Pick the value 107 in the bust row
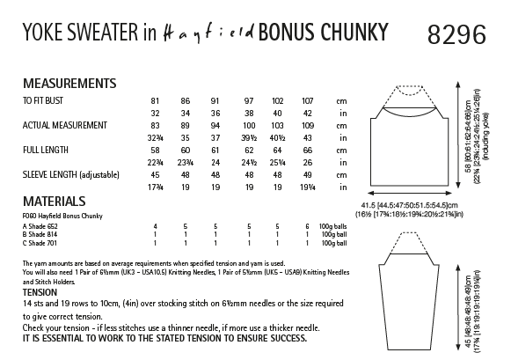pos(306,101)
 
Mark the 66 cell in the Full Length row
pos(306,151)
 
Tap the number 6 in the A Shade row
pos(306,226)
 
